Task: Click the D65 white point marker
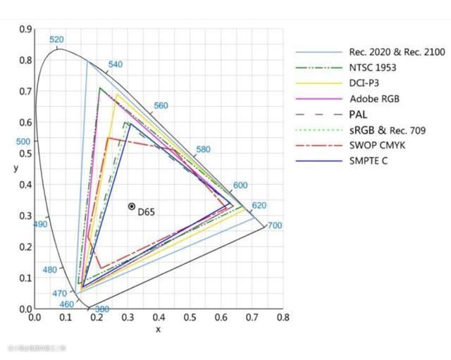pos(132,206)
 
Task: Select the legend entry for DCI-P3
pos(364,83)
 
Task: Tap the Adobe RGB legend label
pos(373,99)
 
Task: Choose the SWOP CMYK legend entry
pos(377,145)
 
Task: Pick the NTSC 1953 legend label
pos(372,68)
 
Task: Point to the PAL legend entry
pos(362,114)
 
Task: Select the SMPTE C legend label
pos(368,161)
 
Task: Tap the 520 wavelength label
pos(56,40)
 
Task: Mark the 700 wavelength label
pos(275,226)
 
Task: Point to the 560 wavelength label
pos(161,106)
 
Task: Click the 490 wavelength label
pos(40,224)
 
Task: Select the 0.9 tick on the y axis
pos(26,29)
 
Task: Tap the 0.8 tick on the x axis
pos(283,318)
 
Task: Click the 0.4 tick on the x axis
pos(159,318)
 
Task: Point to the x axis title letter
pos(158,329)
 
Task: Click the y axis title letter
pos(16,168)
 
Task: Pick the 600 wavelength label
pos(240,185)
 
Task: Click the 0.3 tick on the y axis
pos(26,216)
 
